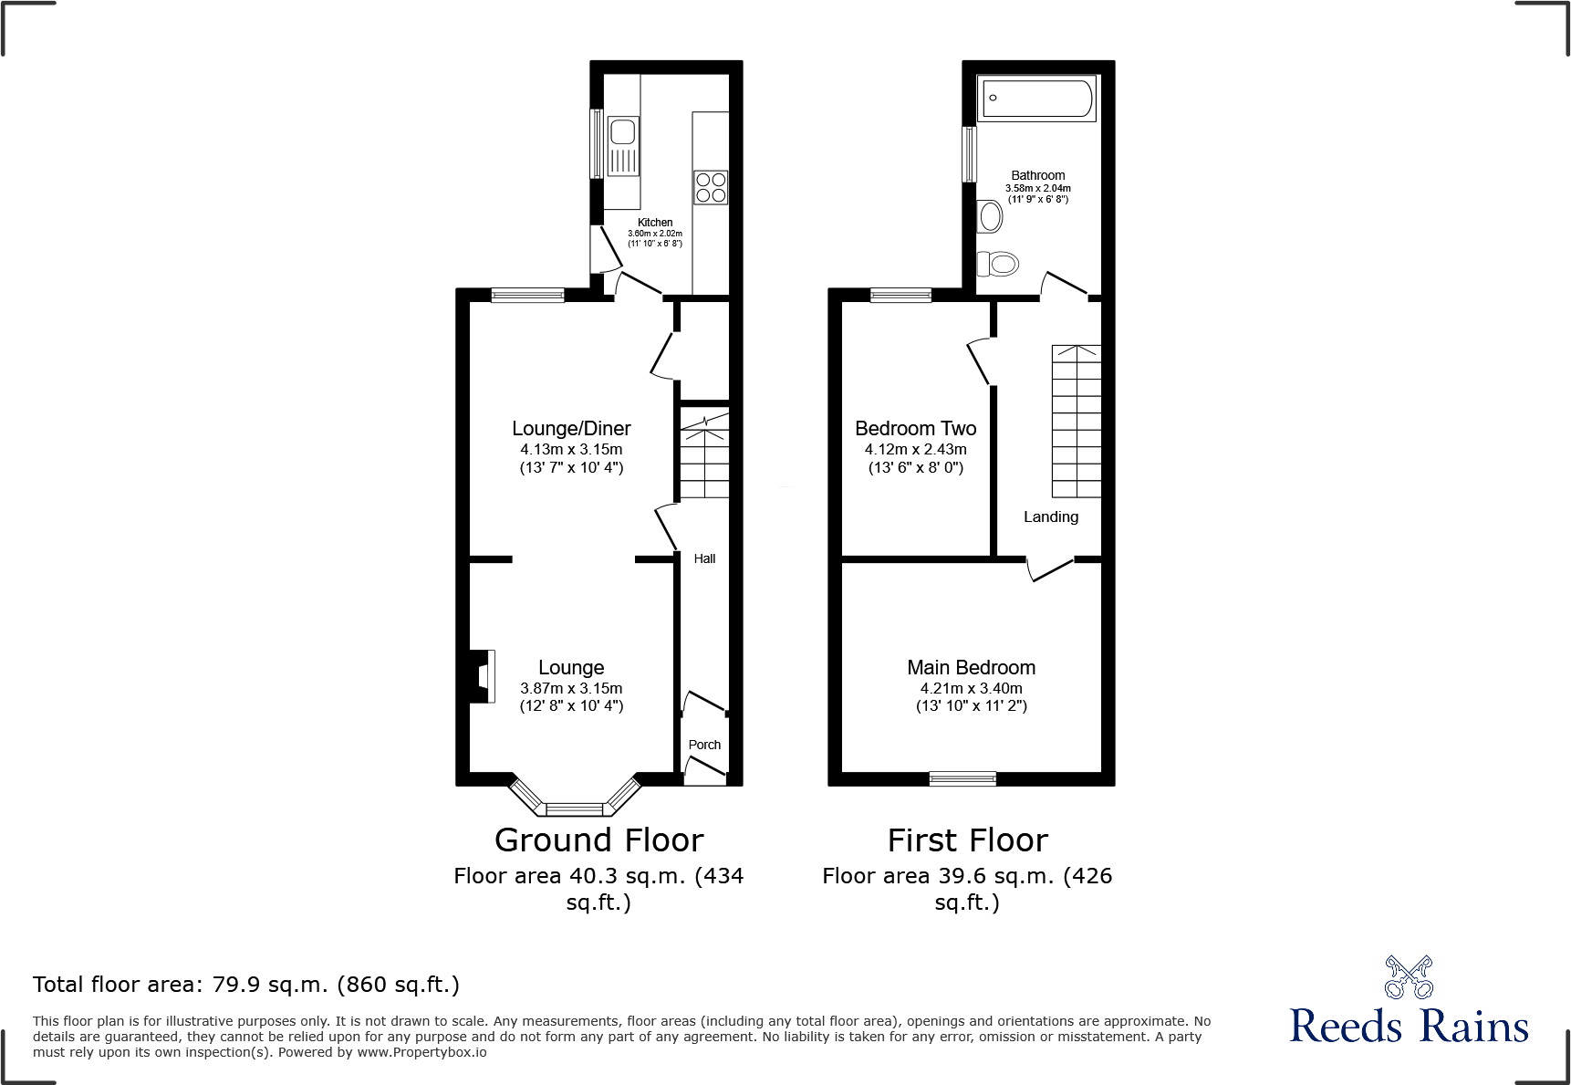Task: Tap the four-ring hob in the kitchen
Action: [x=711, y=187]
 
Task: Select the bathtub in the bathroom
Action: [x=1036, y=98]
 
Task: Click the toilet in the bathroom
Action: [x=997, y=265]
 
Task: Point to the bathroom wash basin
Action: [x=990, y=217]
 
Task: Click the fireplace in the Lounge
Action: [x=482, y=676]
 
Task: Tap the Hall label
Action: [x=704, y=558]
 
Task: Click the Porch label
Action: [x=704, y=745]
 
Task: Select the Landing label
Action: [x=1050, y=516]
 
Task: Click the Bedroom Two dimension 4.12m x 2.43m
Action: [x=915, y=449]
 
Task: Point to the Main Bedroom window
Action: [x=962, y=778]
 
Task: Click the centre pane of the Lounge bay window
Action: [x=574, y=809]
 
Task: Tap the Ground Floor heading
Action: [x=598, y=840]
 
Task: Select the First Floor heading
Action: [x=967, y=840]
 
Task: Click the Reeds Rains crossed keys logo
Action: [x=1408, y=977]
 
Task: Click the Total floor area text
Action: [x=245, y=985]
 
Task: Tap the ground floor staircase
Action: [x=704, y=454]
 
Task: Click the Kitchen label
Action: [x=655, y=223]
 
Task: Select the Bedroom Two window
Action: [x=900, y=295]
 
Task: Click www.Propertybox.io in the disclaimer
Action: [x=421, y=1052]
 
